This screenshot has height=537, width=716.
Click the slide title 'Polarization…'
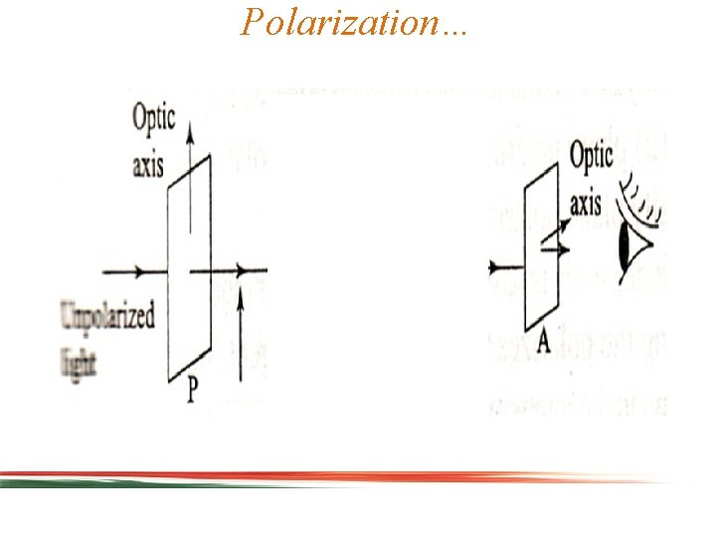[x=354, y=22]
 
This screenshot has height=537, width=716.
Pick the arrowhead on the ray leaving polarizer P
[x=241, y=270]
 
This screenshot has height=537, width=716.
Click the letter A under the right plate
[x=543, y=344]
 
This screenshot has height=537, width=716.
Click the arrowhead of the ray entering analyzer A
[x=493, y=268]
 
